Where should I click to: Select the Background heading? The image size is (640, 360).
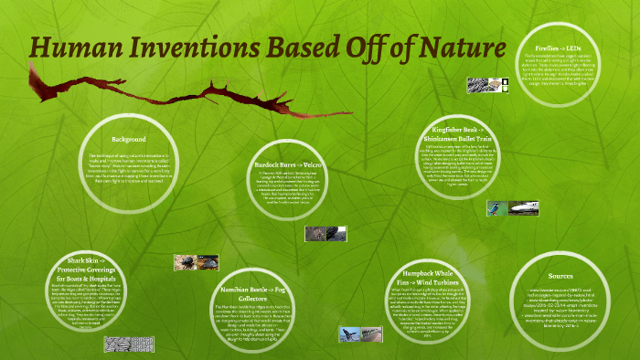[x=129, y=139]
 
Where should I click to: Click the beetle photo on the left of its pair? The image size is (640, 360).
[x=186, y=263]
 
